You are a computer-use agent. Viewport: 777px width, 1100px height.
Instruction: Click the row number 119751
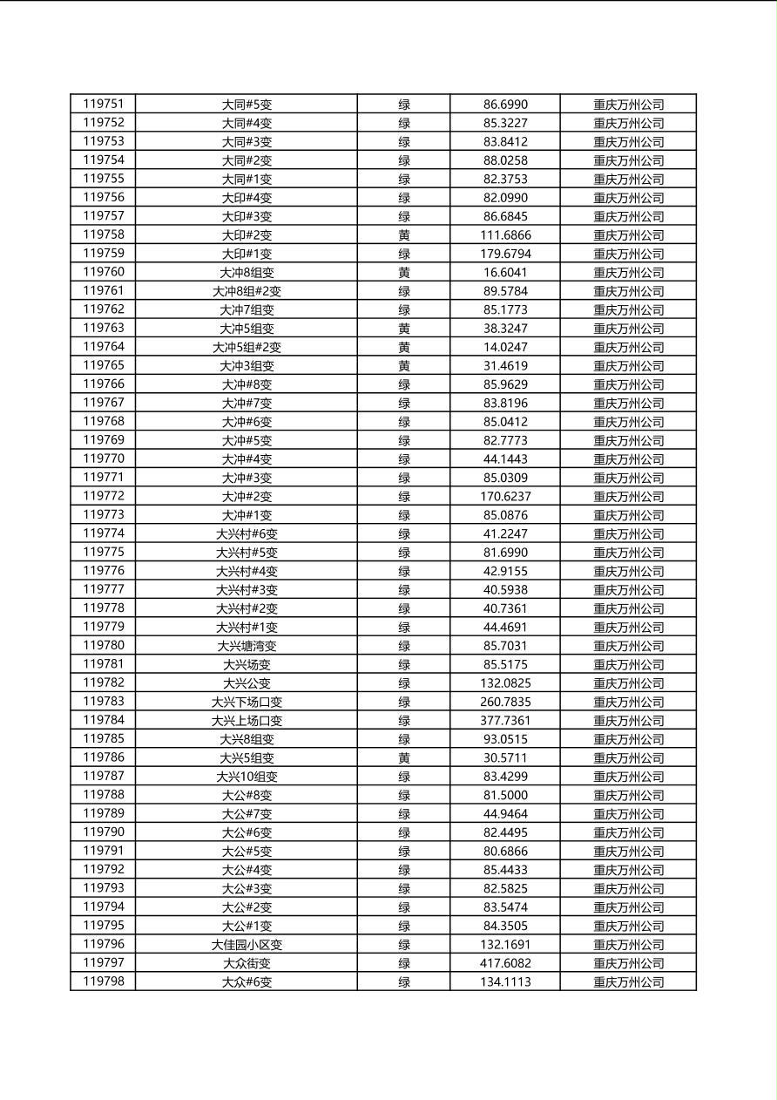[x=104, y=104]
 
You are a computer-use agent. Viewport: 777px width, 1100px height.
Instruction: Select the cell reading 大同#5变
[x=247, y=105]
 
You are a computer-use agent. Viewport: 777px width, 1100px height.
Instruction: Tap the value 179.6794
[x=505, y=254]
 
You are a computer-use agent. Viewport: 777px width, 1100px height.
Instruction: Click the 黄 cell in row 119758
[x=404, y=235]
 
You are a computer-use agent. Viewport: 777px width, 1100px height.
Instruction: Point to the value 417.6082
[x=505, y=963]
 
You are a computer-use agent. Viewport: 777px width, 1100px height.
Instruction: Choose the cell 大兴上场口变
[x=247, y=721]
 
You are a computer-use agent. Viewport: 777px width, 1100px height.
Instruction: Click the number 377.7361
[x=505, y=721]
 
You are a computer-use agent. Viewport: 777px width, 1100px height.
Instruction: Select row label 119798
[x=104, y=981]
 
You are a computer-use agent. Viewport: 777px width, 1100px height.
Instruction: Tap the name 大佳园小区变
[x=247, y=945]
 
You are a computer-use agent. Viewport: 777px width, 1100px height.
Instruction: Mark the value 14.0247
[x=505, y=347]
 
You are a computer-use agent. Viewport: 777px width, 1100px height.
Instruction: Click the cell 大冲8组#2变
[x=247, y=291]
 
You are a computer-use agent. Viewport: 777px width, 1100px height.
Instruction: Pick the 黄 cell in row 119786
[x=404, y=758]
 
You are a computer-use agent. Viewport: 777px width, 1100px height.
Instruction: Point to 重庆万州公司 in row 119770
[x=628, y=459]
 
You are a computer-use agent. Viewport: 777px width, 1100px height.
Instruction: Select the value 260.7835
[x=505, y=702]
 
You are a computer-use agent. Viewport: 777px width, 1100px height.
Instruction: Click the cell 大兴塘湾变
[x=247, y=646]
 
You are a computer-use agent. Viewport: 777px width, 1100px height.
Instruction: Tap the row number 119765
[x=104, y=365]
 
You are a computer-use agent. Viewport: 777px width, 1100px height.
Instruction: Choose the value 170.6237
[x=505, y=497]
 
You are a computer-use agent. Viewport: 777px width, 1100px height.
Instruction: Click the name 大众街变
[x=247, y=963]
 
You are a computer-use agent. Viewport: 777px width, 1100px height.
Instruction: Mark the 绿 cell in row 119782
[x=404, y=683]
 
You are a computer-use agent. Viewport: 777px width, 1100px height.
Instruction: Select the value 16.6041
[x=505, y=273]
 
